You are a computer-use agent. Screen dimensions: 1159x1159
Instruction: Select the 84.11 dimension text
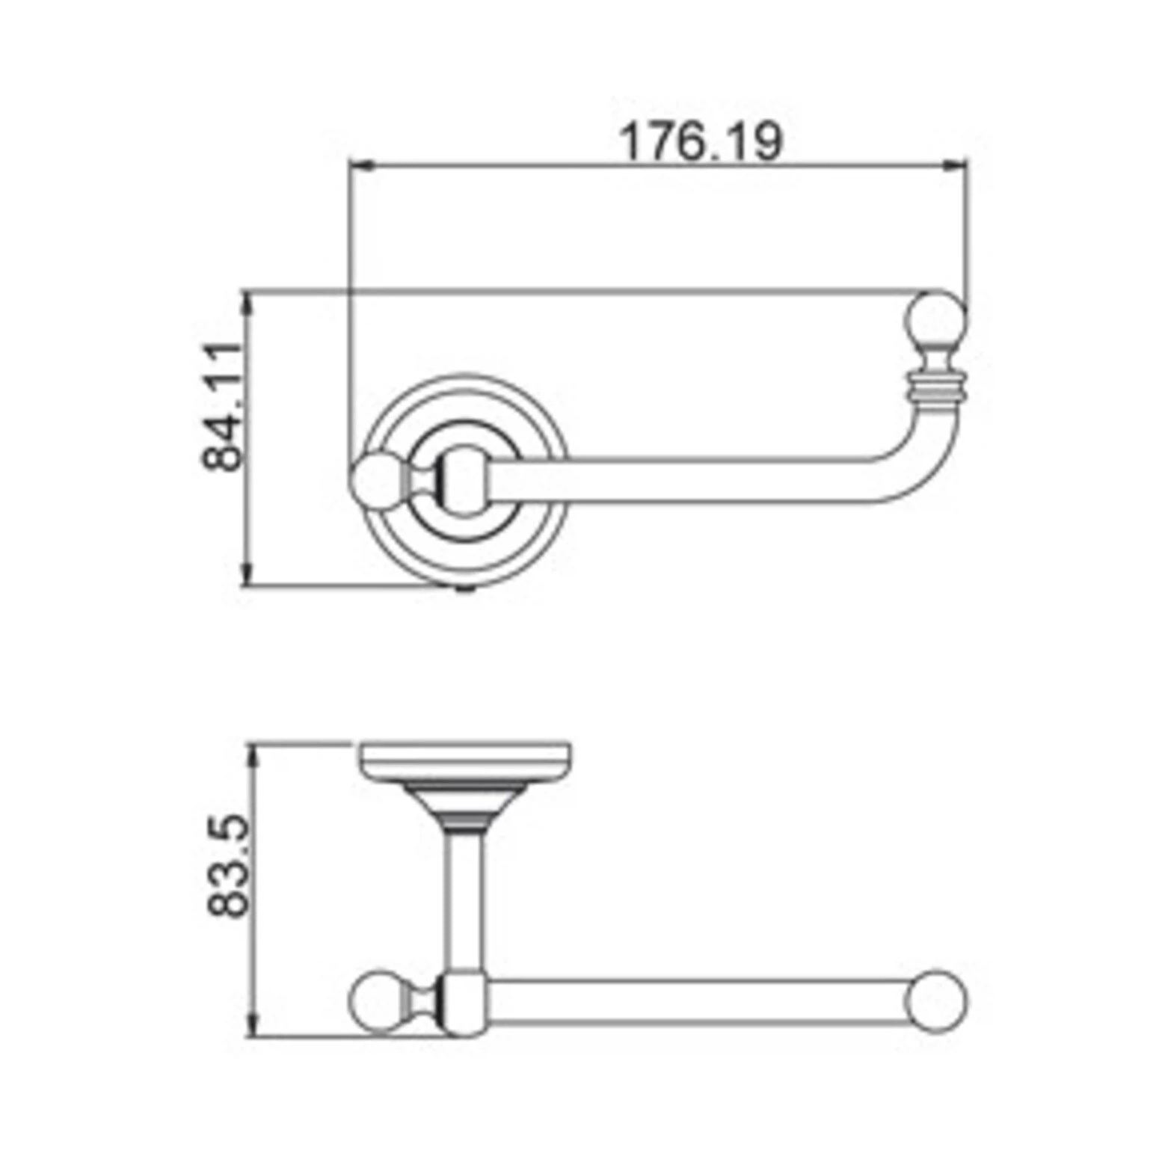(x=224, y=407)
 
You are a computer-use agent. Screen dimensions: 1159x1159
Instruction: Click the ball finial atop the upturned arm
(x=938, y=322)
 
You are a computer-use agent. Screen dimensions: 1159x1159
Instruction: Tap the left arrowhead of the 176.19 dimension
(x=362, y=165)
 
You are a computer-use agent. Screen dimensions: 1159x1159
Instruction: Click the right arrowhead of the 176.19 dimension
(x=955, y=165)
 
